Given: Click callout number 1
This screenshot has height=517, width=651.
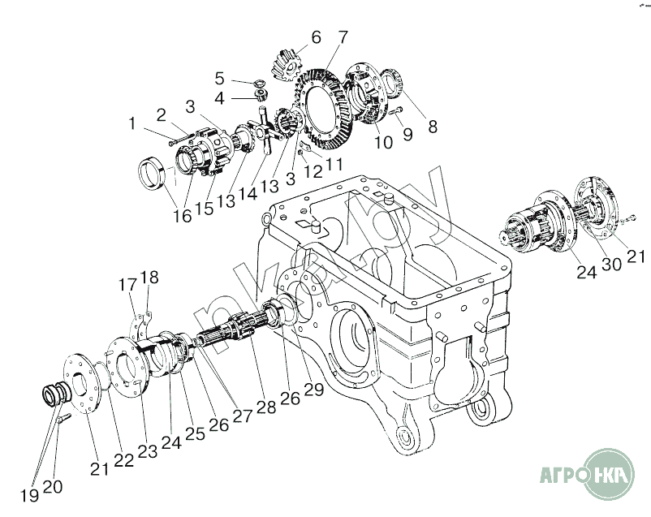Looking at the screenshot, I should click(131, 123).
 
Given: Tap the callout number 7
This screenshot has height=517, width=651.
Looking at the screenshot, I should click(343, 37).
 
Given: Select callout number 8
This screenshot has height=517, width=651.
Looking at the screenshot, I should click(433, 127).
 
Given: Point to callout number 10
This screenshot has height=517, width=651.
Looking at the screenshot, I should click(382, 141).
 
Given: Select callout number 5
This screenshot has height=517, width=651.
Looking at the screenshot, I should click(219, 78).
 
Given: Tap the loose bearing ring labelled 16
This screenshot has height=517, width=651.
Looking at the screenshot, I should click(153, 173).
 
